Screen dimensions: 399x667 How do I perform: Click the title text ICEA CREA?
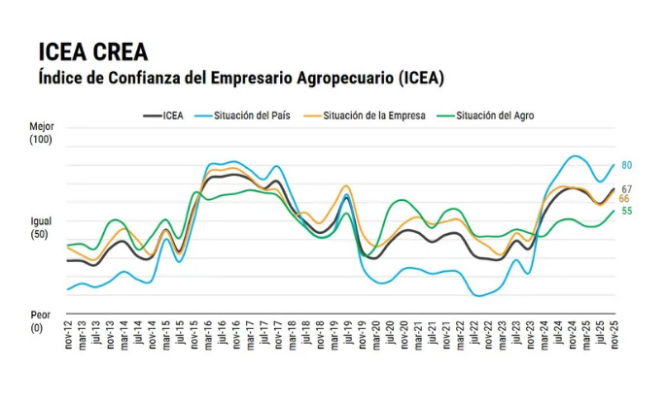pyautogui.click(x=94, y=50)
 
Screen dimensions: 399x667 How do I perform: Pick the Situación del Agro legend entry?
pyautogui.click(x=486, y=116)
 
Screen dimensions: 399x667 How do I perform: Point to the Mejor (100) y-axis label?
pyautogui.click(x=41, y=134)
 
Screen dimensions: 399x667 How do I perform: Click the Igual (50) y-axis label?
pyautogui.click(x=41, y=228)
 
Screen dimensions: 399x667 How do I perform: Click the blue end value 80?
pyautogui.click(x=627, y=165)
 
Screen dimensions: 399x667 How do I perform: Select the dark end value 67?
pyautogui.click(x=627, y=189)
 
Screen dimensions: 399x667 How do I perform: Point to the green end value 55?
pyautogui.click(x=627, y=211)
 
